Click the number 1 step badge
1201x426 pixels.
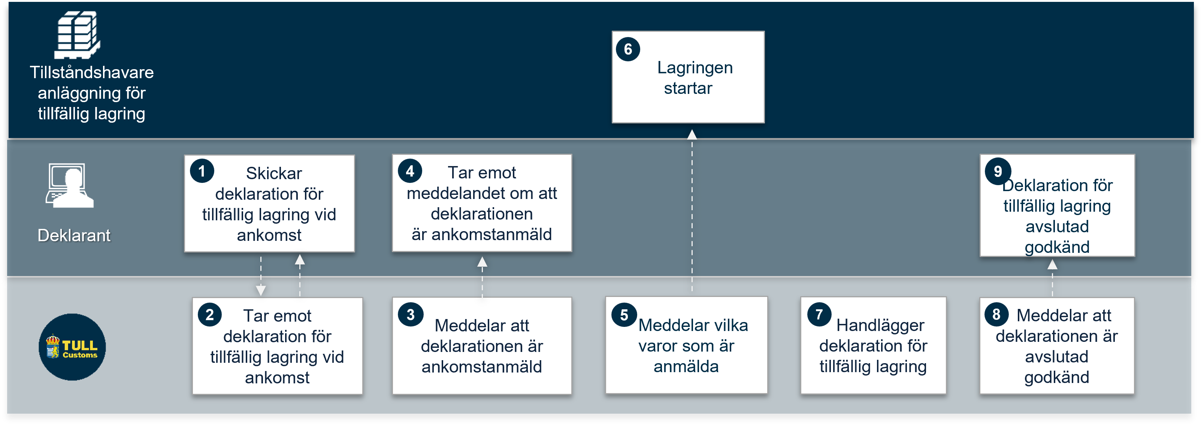click(202, 171)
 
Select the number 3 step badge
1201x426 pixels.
click(410, 315)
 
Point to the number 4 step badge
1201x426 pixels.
click(410, 171)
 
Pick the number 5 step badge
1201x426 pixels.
click(624, 315)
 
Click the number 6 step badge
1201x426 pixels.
click(628, 49)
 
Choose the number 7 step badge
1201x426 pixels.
click(819, 314)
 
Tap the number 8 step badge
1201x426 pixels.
click(996, 314)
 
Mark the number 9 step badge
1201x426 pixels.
click(998, 171)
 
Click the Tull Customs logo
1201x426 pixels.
click(72, 347)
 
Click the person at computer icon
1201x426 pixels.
click(70, 185)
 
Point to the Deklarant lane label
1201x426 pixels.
click(74, 235)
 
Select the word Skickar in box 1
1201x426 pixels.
click(274, 173)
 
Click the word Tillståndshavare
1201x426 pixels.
click(91, 72)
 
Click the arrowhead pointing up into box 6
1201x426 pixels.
click(692, 134)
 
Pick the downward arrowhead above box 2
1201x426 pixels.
click(261, 291)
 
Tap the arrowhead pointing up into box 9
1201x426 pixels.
click(1052, 264)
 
